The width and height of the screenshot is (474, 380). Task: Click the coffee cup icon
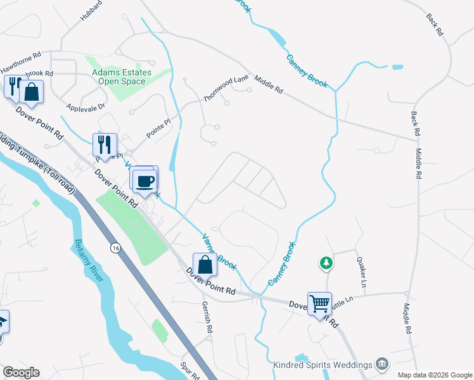pyautogui.click(x=145, y=180)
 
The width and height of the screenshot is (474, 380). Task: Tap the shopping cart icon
pyautogui.click(x=320, y=303)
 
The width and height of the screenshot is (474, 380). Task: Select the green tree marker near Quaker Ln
pyautogui.click(x=326, y=262)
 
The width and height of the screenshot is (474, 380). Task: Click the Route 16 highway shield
pyautogui.click(x=114, y=246)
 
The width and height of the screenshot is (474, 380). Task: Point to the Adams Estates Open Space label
pyautogui.click(x=122, y=77)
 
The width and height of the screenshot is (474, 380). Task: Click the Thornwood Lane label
pyautogui.click(x=226, y=89)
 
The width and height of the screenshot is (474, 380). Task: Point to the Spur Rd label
pyautogui.click(x=186, y=369)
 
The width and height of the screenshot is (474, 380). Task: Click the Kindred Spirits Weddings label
pyautogui.click(x=323, y=365)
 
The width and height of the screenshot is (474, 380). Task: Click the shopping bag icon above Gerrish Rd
pyautogui.click(x=205, y=264)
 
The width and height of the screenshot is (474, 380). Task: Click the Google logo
pyautogui.click(x=21, y=372)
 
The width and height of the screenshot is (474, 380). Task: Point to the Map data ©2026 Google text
pyautogui.click(x=435, y=375)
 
